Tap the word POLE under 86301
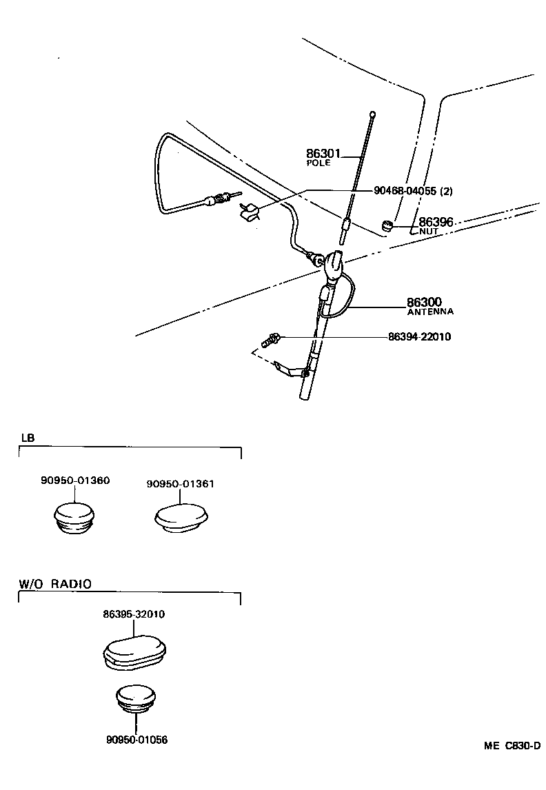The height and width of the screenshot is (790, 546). pyautogui.click(x=318, y=163)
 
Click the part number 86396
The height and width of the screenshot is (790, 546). pyautogui.click(x=436, y=223)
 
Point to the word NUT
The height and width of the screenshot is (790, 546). pyautogui.click(x=428, y=232)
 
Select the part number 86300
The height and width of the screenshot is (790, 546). pyautogui.click(x=424, y=302)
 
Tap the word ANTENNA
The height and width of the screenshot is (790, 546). pyautogui.click(x=430, y=312)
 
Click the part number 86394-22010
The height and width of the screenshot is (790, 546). pyautogui.click(x=421, y=337)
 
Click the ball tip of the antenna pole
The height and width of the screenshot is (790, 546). pyautogui.click(x=372, y=114)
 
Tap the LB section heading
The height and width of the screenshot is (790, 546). pyautogui.click(x=27, y=438)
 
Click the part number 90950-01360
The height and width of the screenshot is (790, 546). pyautogui.click(x=74, y=480)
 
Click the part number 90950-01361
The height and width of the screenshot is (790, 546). pyautogui.click(x=180, y=483)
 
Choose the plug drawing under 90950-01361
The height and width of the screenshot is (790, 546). pyautogui.click(x=181, y=518)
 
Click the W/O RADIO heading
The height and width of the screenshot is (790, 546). pyautogui.click(x=54, y=583)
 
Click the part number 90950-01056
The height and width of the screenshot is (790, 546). pyautogui.click(x=136, y=740)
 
